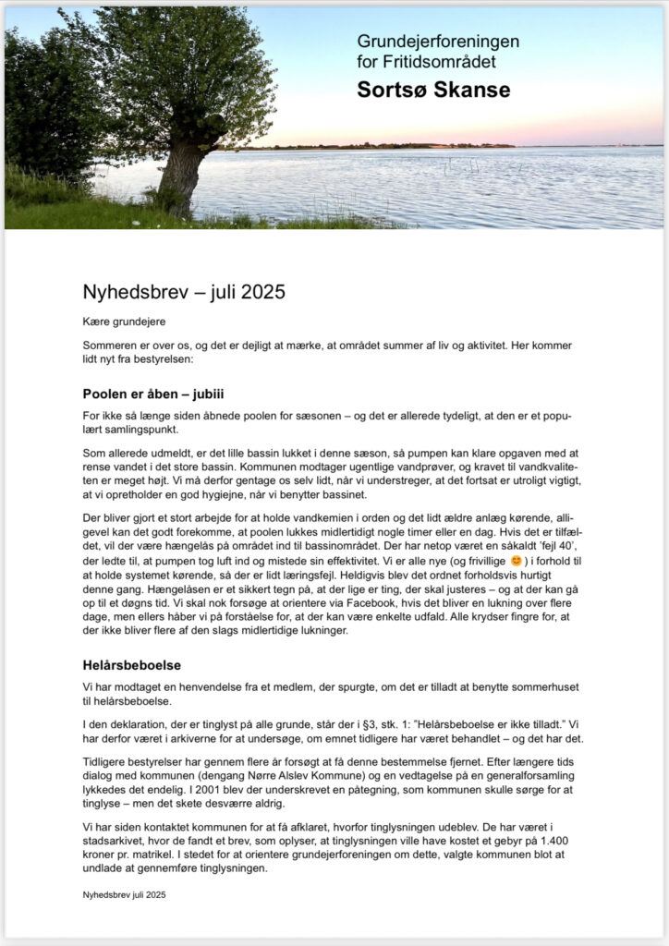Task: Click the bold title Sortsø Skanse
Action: [x=433, y=90]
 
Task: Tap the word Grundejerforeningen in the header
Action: [x=438, y=42]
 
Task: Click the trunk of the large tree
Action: [x=181, y=176]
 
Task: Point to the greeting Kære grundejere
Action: [x=123, y=321]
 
